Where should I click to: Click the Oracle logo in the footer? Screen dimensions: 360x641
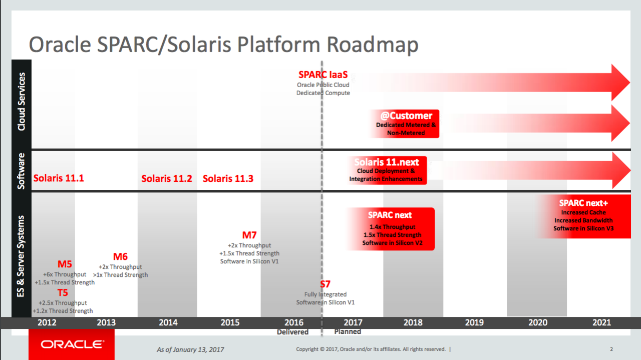72,344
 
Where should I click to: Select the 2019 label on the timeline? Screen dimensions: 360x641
474,322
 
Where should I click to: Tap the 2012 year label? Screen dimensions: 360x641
47,322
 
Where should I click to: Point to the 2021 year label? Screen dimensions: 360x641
601,322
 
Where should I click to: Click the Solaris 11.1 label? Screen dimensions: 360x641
59,178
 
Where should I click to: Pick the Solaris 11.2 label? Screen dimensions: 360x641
166,179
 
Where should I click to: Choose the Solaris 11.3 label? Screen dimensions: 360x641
228,179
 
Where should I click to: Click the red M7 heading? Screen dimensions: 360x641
249,235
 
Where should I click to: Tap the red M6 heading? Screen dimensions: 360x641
120,257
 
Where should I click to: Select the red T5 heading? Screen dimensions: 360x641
63,293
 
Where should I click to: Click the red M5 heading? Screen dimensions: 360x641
65,264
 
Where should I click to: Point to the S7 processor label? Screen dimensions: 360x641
326,284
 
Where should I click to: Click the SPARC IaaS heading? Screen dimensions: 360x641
323,75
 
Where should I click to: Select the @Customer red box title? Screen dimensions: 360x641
406,116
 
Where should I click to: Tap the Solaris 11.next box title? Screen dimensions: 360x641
387,162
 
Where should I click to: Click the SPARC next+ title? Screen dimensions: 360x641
583,203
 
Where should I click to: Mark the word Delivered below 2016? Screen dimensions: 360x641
292,332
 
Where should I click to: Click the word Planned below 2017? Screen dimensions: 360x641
348,331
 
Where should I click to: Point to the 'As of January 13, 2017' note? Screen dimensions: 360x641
190,349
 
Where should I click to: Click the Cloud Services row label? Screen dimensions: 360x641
21,102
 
